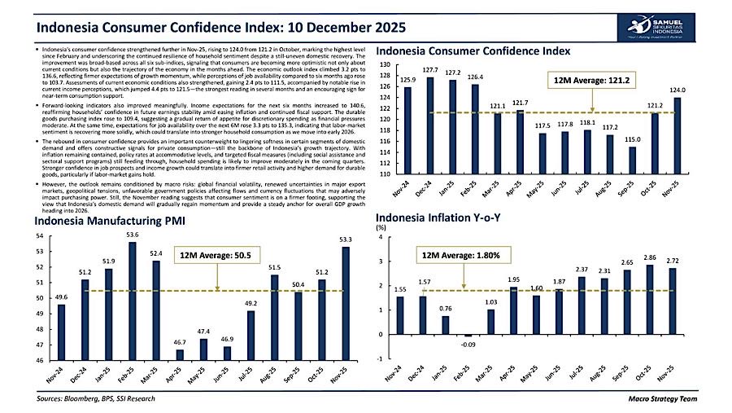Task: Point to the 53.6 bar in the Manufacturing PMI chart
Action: [133, 301]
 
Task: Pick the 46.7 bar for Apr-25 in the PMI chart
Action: [179, 354]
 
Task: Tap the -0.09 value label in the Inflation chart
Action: [468, 345]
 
